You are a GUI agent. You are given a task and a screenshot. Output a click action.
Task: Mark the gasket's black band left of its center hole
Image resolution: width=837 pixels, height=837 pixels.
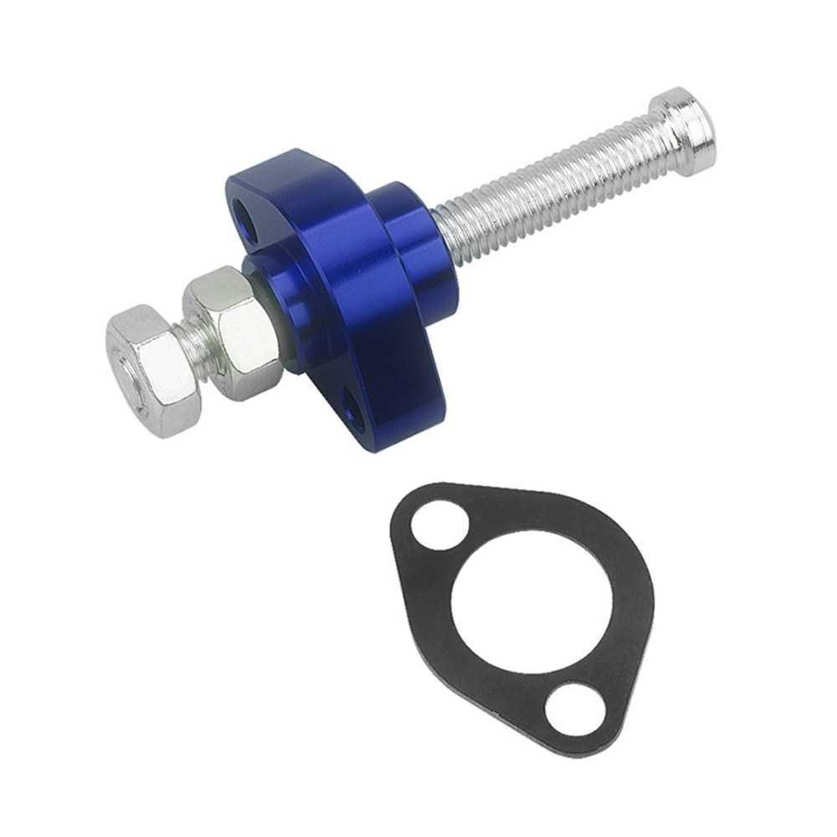click(x=427, y=586)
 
